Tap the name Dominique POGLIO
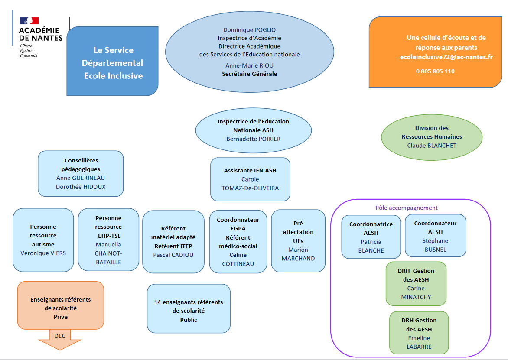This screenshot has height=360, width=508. click(249, 30)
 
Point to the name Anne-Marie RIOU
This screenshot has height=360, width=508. click(249, 65)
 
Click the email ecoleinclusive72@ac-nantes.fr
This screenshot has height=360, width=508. click(446, 57)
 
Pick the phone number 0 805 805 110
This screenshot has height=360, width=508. click(435, 71)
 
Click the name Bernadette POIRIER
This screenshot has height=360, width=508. click(253, 139)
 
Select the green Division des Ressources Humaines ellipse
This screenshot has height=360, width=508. click(431, 136)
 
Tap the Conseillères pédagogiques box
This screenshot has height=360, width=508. click(81, 173)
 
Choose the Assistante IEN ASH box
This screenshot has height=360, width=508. click(250, 179)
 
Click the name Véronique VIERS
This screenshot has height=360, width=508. click(43, 253)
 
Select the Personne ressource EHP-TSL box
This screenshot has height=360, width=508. click(108, 240)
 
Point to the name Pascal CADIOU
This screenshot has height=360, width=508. click(173, 255)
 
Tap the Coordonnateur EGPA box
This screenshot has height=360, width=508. click(238, 241)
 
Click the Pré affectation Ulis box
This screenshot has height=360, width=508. click(298, 241)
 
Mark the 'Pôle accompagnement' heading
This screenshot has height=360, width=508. click(406, 208)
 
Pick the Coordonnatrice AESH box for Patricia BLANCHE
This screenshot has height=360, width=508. click(371, 237)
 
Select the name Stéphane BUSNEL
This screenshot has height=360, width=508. click(435, 245)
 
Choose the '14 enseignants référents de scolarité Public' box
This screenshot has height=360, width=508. click(189, 310)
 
